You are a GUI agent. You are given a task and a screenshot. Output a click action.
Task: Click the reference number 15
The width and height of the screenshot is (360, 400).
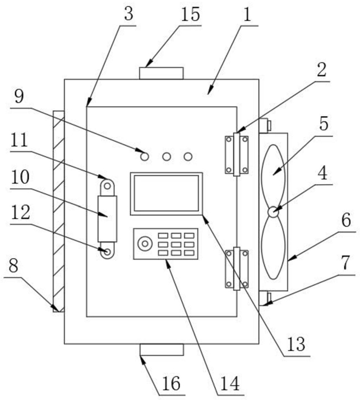click(190, 14)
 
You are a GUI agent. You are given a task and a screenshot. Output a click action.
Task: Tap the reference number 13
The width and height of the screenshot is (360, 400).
click(296, 344)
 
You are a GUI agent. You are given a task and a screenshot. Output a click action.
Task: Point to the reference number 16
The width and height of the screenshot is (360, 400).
click(172, 384)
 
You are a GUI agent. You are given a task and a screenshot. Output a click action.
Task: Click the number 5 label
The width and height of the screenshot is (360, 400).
click(324, 124)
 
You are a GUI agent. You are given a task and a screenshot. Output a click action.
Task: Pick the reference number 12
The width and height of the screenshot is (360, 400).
click(20, 212)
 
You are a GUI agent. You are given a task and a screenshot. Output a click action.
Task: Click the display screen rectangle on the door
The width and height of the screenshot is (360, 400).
click(167, 194)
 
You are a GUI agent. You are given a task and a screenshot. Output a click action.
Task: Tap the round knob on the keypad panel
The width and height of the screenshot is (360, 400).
click(145, 243)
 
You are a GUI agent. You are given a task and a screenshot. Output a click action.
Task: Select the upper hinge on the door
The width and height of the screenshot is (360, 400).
click(237, 154)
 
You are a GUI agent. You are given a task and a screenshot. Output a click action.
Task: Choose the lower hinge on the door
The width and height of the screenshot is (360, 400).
click(237, 268)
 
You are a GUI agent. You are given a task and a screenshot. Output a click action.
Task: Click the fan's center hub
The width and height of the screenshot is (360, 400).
click(273, 212)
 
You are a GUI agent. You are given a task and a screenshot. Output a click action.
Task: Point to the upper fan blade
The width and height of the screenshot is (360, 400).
click(273, 176)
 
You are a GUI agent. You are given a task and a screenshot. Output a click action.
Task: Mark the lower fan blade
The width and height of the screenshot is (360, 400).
click(273, 248)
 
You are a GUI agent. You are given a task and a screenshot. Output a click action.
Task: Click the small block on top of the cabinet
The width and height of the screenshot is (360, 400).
click(161, 73)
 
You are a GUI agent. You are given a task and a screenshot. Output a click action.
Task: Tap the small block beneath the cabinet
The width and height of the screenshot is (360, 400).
click(161, 350)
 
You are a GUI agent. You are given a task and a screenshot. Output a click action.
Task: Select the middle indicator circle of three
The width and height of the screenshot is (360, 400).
click(167, 157)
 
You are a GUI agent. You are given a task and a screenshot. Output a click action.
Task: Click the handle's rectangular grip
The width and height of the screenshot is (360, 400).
click(107, 219)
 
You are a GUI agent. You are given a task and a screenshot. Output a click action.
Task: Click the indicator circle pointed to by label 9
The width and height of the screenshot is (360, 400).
click(145, 157)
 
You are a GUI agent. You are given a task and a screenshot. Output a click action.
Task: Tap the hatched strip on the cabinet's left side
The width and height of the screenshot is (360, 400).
click(58, 212)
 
